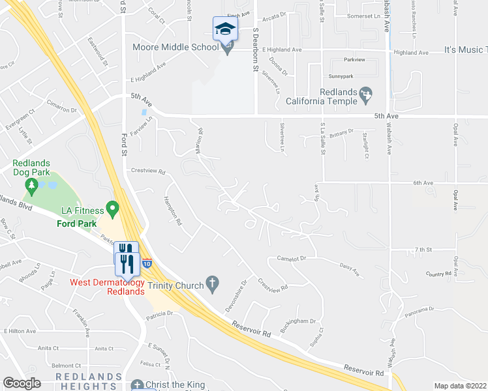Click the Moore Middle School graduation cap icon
[224, 29]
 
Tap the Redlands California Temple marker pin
[366, 95]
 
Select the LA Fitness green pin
[112, 210]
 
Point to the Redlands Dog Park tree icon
[31, 187]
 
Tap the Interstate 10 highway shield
[147, 263]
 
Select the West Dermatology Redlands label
[107, 287]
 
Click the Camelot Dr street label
[291, 259]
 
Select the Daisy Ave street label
[350, 269]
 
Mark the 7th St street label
[424, 250]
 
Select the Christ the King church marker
[136, 384]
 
